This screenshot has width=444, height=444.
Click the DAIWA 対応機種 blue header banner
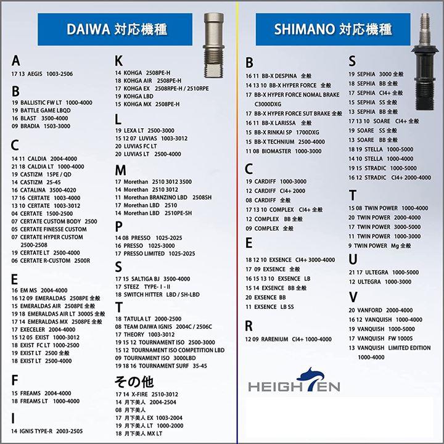115,29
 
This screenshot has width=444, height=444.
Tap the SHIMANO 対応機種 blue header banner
333,29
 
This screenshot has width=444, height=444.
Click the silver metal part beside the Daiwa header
214,45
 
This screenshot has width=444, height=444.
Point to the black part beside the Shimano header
425,62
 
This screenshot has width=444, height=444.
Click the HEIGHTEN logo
294,380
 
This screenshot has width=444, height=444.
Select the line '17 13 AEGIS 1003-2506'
42,74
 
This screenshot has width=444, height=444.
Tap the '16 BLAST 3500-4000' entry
40,118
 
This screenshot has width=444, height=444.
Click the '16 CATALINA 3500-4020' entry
44,190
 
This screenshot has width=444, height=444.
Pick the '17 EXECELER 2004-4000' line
43,329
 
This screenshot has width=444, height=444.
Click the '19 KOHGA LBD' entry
134,96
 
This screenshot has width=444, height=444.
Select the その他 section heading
134,382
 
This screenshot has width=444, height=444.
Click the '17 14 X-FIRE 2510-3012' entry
147,395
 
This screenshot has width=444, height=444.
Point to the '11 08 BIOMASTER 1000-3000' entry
284,151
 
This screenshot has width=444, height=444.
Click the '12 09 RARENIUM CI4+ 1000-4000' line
288,339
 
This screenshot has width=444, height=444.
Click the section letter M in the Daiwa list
120,170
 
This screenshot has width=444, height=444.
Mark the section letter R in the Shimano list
249,326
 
